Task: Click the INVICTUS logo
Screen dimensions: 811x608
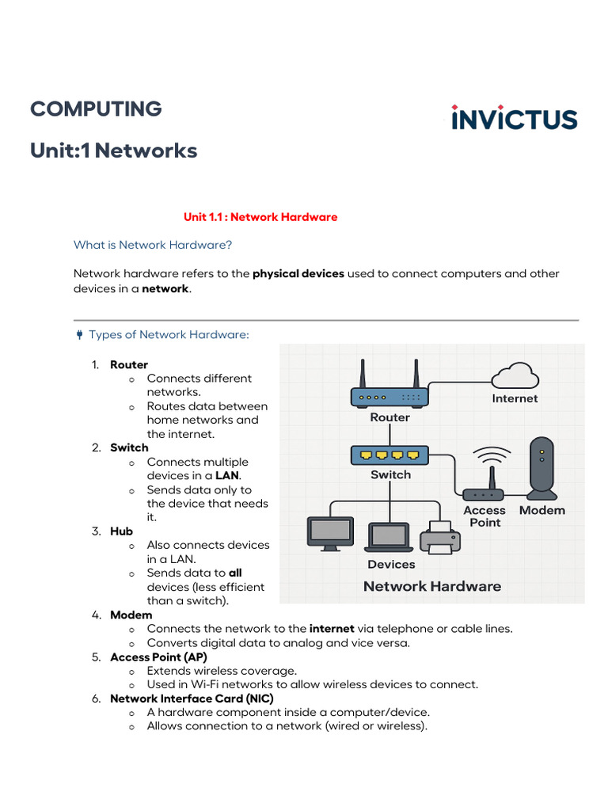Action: [514, 118]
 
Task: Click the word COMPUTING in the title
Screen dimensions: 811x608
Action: [96, 109]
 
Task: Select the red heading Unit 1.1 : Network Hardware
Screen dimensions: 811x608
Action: [260, 217]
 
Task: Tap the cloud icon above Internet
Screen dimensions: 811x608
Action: [514, 375]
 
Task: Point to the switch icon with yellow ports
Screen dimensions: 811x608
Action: [389, 455]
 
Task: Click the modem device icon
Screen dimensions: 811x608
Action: [541, 467]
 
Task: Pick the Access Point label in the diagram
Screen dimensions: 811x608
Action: [484, 516]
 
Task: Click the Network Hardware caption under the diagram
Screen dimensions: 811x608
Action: [431, 586]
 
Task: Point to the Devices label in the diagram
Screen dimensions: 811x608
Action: [391, 565]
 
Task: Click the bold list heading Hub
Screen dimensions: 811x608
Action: [121, 531]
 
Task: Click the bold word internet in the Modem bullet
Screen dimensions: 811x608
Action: [332, 629]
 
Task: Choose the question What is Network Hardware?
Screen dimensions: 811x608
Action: [153, 245]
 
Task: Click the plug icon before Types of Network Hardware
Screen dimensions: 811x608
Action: [79, 335]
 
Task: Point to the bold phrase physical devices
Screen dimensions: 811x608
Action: [298, 273]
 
